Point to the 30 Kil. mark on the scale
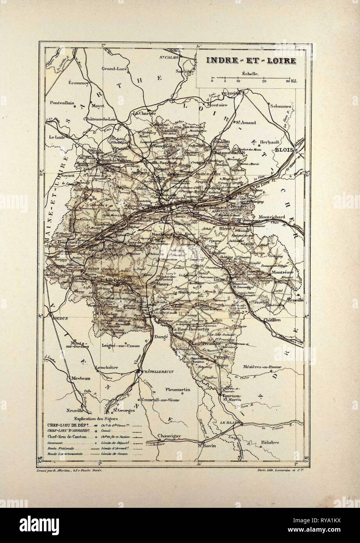click(x=291, y=81)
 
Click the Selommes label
click(x=281, y=106)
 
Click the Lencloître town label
click(x=108, y=368)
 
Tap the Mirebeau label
click(x=81, y=379)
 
